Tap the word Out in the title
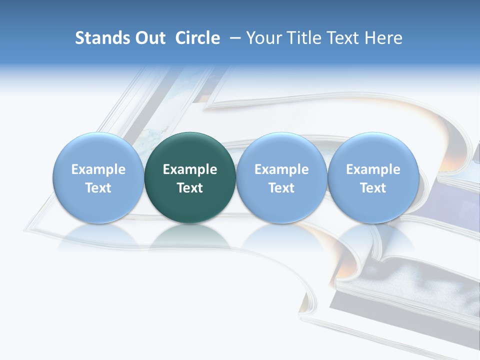(149, 38)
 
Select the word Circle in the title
(197, 38)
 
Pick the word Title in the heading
(304, 38)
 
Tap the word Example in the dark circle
(190, 169)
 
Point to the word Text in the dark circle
(190, 188)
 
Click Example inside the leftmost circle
(98, 169)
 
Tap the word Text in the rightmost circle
(373, 188)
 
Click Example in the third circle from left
(281, 169)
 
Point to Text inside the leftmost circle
(98, 188)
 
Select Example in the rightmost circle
(373, 169)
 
